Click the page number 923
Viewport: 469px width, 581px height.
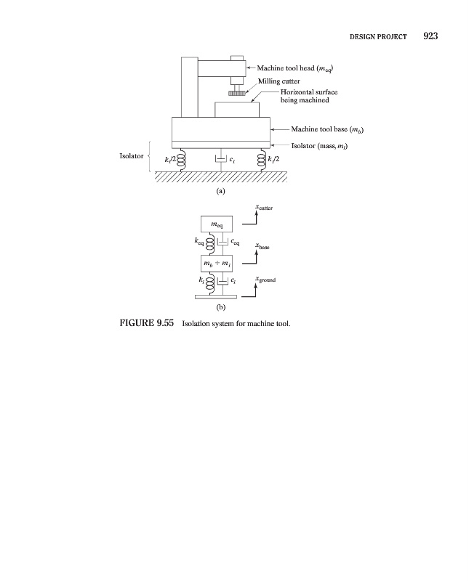coord(429,36)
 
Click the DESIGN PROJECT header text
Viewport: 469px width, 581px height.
coord(380,36)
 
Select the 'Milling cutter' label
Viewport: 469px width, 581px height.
coord(279,81)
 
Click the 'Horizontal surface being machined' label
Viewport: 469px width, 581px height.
coord(309,97)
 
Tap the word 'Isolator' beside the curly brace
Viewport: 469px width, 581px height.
coord(132,156)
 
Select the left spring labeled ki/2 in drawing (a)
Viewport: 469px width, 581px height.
coord(182,159)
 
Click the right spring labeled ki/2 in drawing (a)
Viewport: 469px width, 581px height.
coord(262,159)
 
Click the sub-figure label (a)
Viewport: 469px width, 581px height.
coord(221,192)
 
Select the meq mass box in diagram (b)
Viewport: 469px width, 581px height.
coord(216,224)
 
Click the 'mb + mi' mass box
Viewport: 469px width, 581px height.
coord(216,261)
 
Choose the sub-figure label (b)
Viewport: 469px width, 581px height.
coord(221,308)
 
